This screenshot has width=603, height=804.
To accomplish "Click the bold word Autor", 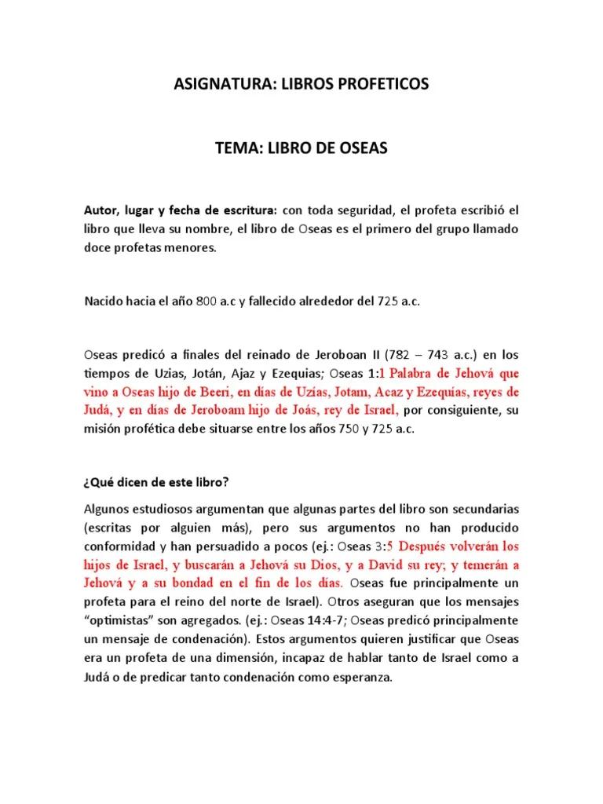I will (100, 210).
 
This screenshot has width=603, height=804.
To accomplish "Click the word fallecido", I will (280, 301).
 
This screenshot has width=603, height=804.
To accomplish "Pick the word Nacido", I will (103, 301).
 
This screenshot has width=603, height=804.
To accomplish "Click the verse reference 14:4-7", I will (284, 621).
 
